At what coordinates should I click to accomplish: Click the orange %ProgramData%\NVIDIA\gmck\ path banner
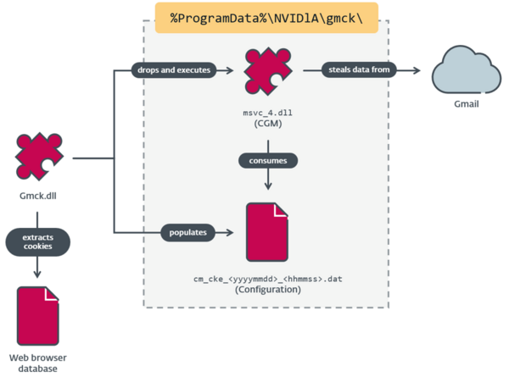(266, 18)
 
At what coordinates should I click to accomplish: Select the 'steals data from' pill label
(357, 70)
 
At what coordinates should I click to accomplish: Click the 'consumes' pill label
(268, 158)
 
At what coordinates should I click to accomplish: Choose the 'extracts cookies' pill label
(37, 241)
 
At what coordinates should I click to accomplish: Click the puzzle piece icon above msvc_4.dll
(268, 73)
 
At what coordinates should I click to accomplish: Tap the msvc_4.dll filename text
(268, 112)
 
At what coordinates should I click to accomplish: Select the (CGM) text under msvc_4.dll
(268, 124)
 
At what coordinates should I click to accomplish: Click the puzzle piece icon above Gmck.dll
(38, 158)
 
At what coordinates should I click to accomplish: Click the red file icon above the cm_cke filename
(268, 232)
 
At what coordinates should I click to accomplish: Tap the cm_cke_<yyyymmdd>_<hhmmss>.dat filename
(268, 276)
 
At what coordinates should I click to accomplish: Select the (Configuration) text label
(268, 289)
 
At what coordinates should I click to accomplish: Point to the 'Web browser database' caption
(38, 361)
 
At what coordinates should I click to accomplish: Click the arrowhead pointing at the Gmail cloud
(420, 70)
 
